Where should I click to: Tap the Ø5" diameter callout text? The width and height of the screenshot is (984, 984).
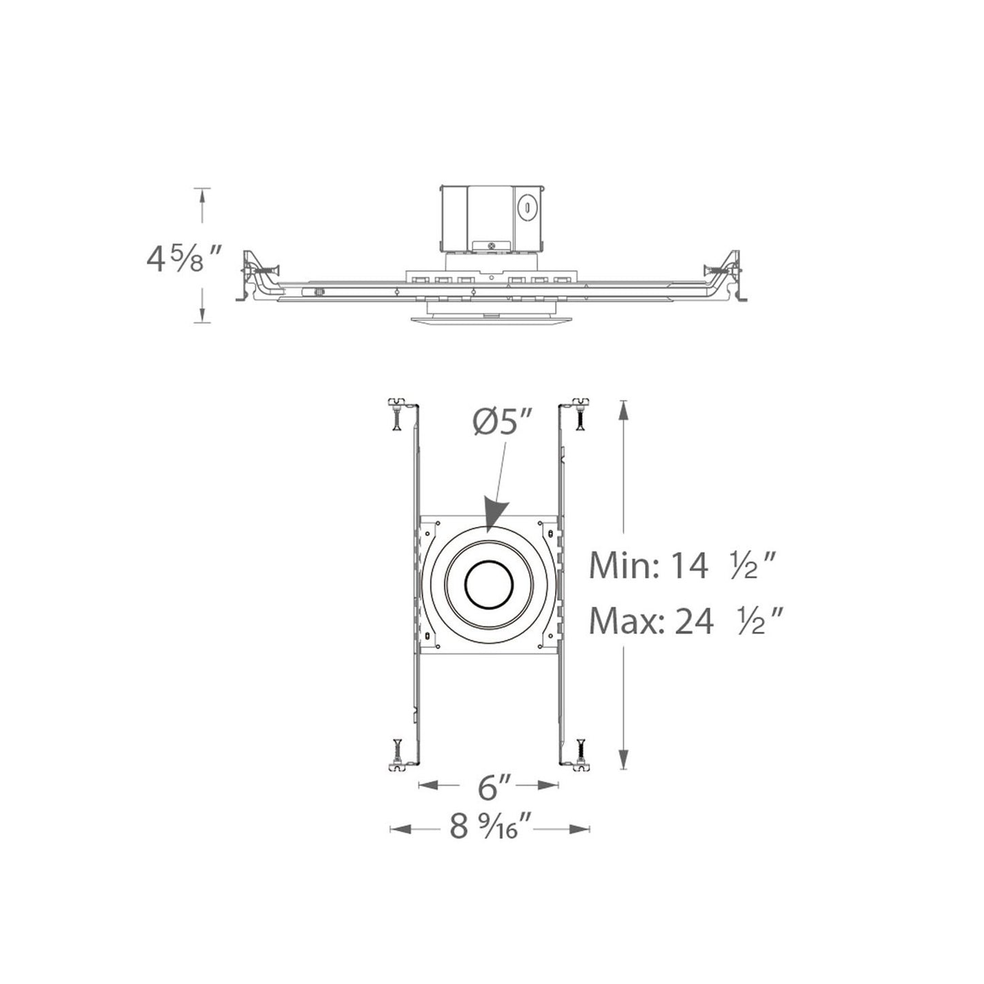tap(503, 424)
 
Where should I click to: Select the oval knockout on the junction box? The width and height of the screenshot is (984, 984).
tap(526, 207)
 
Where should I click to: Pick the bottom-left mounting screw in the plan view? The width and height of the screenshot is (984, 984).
tap(397, 752)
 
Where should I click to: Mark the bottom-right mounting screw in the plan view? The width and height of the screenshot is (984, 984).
tap(580, 752)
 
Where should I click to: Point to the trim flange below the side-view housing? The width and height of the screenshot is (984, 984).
tap(488, 321)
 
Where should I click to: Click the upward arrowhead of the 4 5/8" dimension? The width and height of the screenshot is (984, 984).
tap(202, 197)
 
